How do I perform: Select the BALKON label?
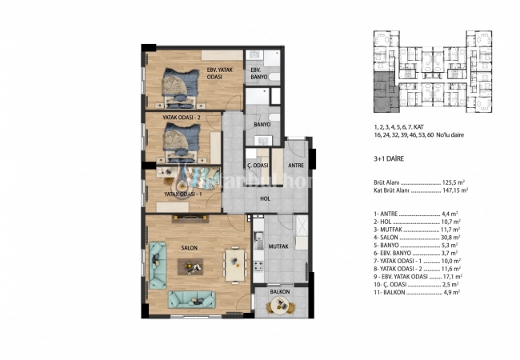279,292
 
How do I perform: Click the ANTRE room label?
295,166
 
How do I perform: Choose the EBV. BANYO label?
258,74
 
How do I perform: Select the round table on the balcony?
279,309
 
